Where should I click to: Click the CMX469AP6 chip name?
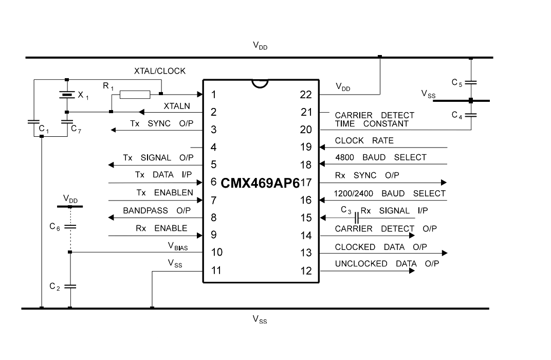(260, 183)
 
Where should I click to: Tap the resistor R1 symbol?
(135, 94)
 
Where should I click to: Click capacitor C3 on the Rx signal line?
(357, 218)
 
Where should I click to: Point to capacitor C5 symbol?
(471, 83)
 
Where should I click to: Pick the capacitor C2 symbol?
(70, 286)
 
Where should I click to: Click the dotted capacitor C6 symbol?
(70, 227)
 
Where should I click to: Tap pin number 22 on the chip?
(306, 95)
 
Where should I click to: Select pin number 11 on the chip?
(216, 271)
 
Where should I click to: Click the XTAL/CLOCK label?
(159, 71)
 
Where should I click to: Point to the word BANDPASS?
(145, 210)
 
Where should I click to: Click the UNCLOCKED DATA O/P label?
(387, 264)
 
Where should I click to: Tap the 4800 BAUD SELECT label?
(380, 157)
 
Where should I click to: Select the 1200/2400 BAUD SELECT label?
(390, 193)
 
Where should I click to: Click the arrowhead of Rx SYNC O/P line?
(444, 183)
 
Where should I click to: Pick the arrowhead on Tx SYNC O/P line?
(113, 130)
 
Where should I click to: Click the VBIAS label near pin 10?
(178, 246)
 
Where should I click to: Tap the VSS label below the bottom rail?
(260, 319)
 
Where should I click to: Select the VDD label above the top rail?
(260, 45)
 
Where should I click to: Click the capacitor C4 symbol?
(471, 115)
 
